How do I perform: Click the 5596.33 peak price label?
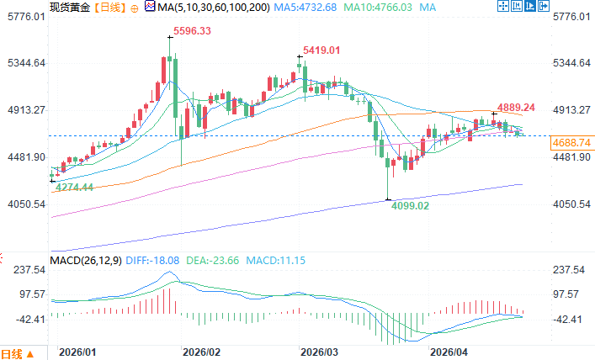click(192, 31)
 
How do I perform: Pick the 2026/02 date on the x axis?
click(201, 352)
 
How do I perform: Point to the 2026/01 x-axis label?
click(77, 352)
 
